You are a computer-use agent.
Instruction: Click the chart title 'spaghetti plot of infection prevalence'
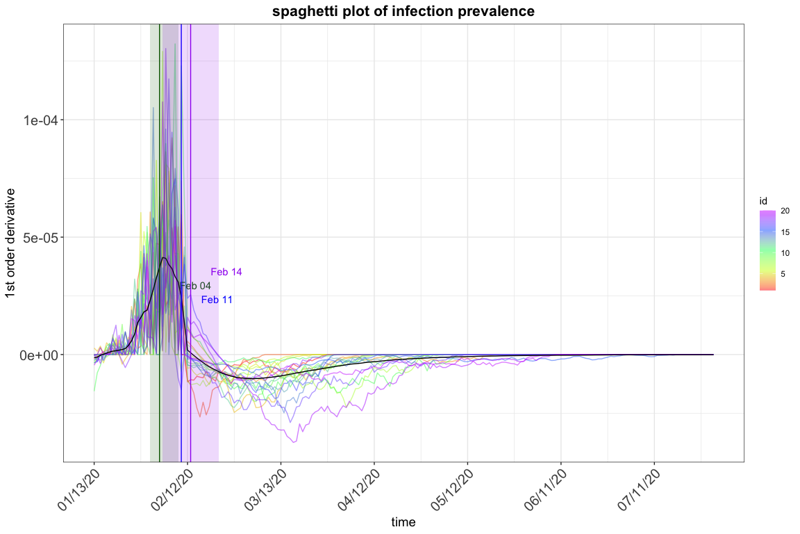[403, 11]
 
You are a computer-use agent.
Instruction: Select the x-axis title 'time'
[403, 521]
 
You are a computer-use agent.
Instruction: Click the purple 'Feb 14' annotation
[226, 272]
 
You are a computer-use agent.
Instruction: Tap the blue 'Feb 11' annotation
[217, 300]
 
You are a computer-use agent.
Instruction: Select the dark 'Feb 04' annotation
[195, 286]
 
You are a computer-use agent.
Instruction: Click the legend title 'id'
[762, 202]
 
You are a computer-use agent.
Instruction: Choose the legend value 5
[783, 274]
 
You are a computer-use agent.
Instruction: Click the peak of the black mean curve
[163, 258]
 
